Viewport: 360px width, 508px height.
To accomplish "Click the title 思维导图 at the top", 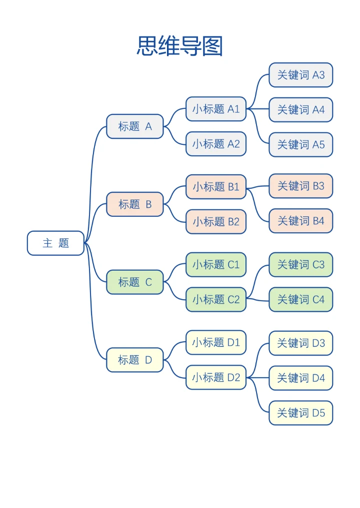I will pyautogui.click(x=179, y=46).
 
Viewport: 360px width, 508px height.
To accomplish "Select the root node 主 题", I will pyautogui.click(x=55, y=243).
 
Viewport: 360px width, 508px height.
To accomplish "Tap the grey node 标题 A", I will pyautogui.click(x=135, y=126).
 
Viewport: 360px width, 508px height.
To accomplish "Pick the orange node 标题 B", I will pyautogui.click(x=135, y=204).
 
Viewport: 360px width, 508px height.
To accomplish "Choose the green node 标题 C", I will pyautogui.click(x=135, y=282).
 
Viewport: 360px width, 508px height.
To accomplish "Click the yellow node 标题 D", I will pyautogui.click(x=135, y=360).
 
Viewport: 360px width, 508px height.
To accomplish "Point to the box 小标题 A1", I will pyautogui.click(x=216, y=109).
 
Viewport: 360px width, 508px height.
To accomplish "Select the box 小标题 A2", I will pyautogui.click(x=216, y=144).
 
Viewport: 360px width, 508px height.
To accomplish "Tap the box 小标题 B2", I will pyautogui.click(x=216, y=222).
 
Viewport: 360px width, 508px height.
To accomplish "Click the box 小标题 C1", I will pyautogui.click(x=216, y=265).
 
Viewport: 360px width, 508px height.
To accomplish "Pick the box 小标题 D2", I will pyautogui.click(x=216, y=378).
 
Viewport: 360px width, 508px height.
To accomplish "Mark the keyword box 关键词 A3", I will pyautogui.click(x=300, y=75).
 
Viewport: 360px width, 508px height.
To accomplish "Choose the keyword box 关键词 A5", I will pyautogui.click(x=300, y=145).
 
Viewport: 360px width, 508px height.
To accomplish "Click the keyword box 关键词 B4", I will pyautogui.click(x=300, y=221).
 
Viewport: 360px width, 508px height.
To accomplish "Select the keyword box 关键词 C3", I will pyautogui.click(x=300, y=265).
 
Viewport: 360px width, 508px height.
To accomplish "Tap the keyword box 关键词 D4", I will pyautogui.click(x=300, y=378).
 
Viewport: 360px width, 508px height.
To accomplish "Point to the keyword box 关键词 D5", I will pyautogui.click(x=300, y=413).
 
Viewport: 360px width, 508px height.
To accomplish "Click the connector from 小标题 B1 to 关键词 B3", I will pyautogui.click(x=258, y=187).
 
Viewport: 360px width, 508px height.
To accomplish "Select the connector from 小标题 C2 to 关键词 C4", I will pyautogui.click(x=258, y=300).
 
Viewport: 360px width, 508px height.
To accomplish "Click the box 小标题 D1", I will pyautogui.click(x=216, y=343).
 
